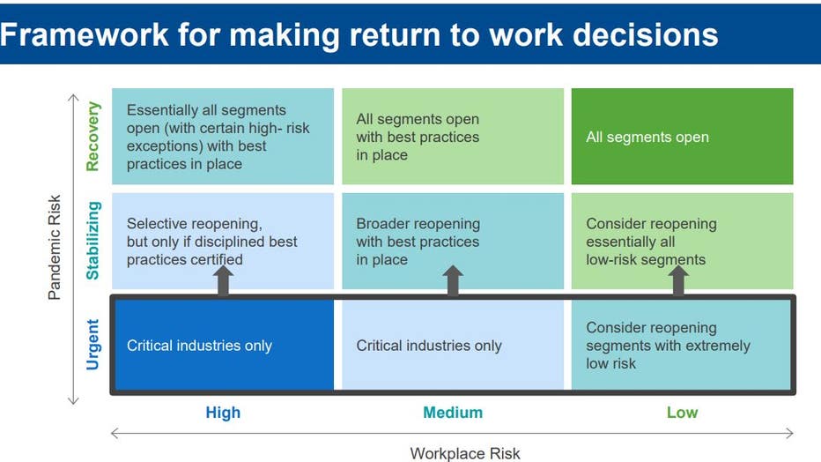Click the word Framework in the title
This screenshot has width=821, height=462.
(x=85, y=35)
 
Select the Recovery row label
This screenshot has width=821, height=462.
(x=92, y=137)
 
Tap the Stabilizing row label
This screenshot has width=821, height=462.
(x=92, y=241)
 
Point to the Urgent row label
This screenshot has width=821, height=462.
(x=92, y=345)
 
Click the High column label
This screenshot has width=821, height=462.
(x=223, y=413)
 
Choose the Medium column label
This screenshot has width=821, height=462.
(x=453, y=413)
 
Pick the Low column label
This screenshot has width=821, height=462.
(x=682, y=413)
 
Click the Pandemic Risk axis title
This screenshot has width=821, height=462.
(x=54, y=247)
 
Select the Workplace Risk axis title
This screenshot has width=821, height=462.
(x=465, y=453)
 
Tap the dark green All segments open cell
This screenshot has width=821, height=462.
(x=682, y=136)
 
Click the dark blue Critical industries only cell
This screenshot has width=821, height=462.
(x=224, y=346)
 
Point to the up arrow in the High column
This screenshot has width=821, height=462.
(x=223, y=280)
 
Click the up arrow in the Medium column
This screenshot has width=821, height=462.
(x=453, y=280)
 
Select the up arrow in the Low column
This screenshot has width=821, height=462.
(x=678, y=280)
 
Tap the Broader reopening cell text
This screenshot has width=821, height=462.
(x=418, y=242)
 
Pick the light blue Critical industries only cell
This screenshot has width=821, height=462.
(x=453, y=346)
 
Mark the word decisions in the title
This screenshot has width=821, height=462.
(x=645, y=35)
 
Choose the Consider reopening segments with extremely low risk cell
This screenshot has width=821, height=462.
(x=681, y=346)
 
